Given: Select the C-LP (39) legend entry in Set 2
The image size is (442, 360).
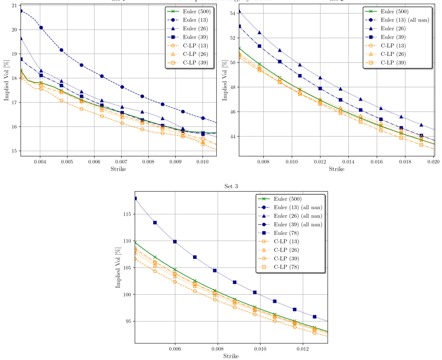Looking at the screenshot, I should pos(393,62).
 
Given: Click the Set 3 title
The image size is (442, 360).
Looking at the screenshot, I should pos(231,186).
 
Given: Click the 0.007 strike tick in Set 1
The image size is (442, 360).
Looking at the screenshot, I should pos(121,161).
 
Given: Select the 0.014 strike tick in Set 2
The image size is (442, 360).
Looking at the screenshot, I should pos(348,161).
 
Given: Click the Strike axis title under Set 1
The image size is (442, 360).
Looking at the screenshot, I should pos(118,169).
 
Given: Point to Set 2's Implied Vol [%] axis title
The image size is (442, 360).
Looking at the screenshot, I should pos(225,80).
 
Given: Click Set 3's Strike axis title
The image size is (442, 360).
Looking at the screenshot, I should pos(231,356).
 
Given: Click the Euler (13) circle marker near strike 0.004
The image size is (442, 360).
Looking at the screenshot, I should pos(41,28).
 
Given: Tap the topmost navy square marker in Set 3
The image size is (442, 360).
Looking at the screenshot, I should pos(135,198).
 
